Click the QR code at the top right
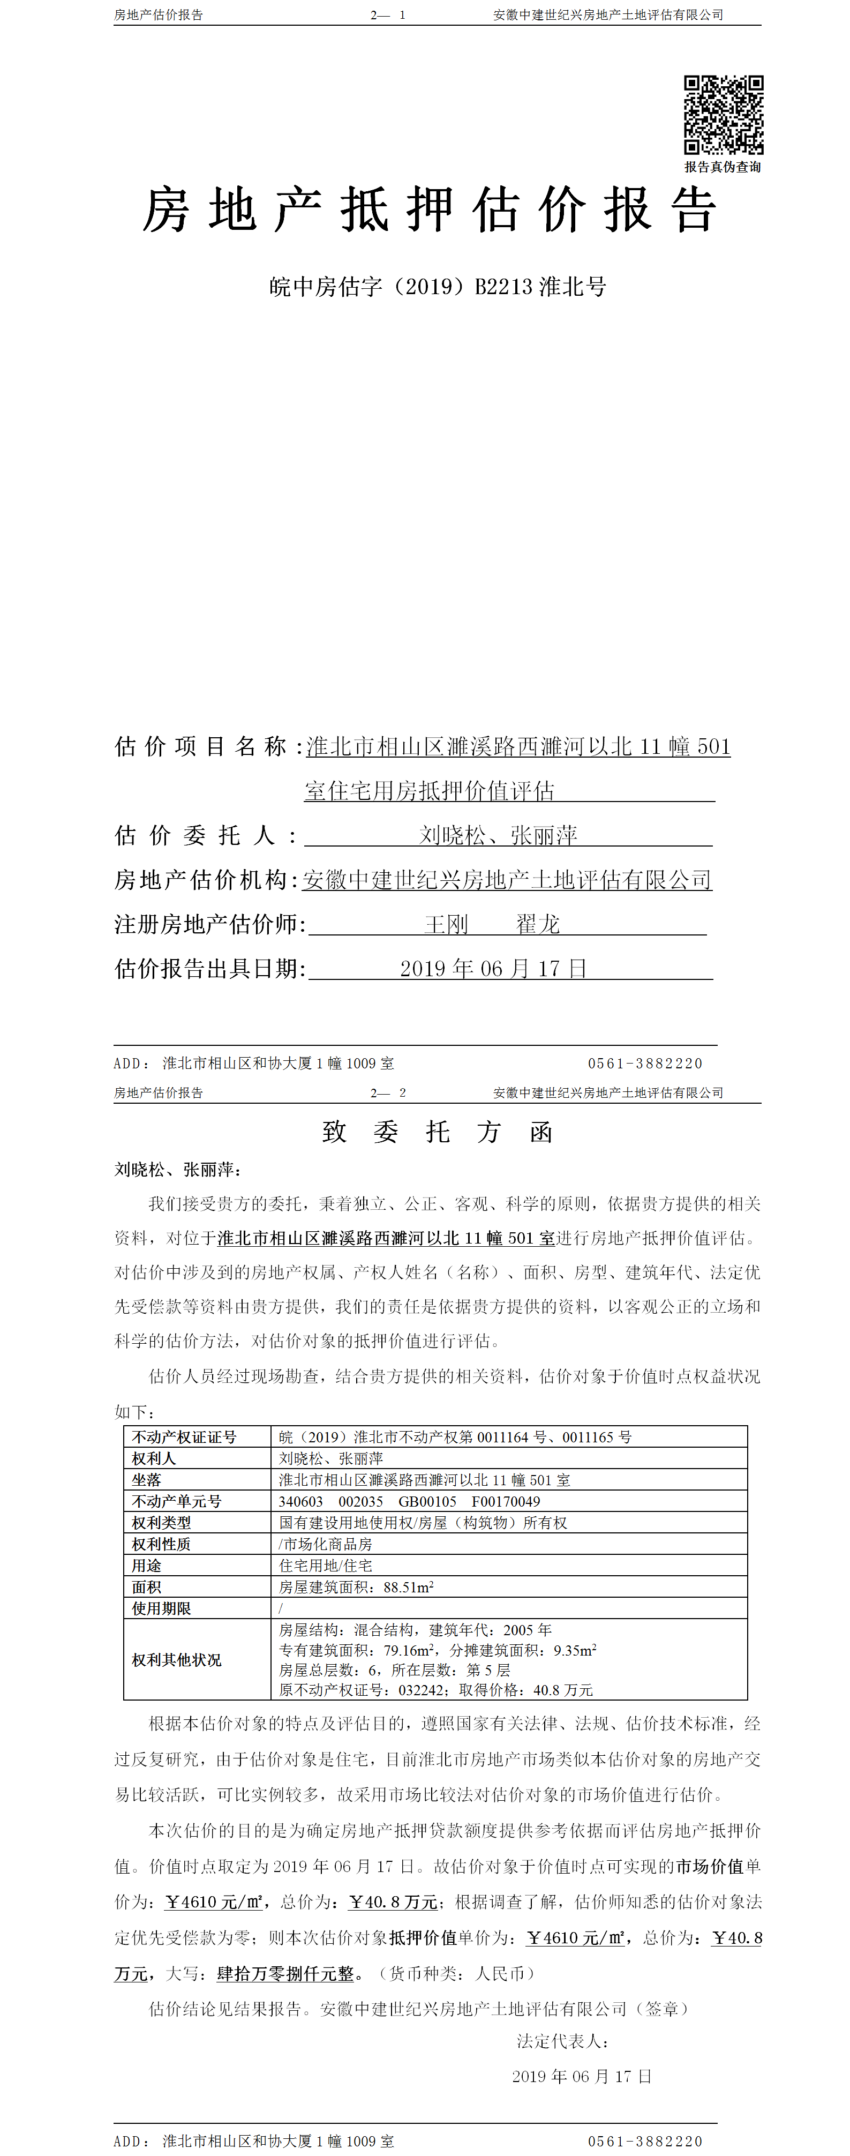pos(723,115)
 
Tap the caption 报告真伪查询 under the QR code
pos(723,167)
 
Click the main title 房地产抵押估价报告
pos(429,210)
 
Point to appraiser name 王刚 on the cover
pos(446,924)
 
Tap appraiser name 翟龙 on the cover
pos(538,924)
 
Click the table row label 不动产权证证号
pos(184,1437)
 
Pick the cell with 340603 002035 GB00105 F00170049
pos(409,1501)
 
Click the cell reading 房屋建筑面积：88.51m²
pos(356,1587)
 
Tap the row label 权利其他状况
pos(177,1660)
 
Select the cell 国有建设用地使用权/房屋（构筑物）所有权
pos(423,1522)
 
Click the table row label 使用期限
pos(161,1608)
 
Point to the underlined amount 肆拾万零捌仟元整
pos(285,1973)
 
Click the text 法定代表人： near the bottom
pos(562,2041)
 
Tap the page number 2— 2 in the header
pos(388,1093)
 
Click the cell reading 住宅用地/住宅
pos(326,1565)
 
